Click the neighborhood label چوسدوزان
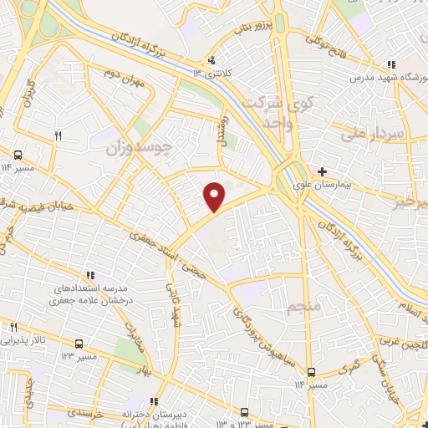[140, 150]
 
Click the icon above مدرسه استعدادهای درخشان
[90, 274]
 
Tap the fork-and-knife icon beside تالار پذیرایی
[13, 326]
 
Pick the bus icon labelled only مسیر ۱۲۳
[79, 344]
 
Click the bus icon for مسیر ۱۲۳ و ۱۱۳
[244, 411]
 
